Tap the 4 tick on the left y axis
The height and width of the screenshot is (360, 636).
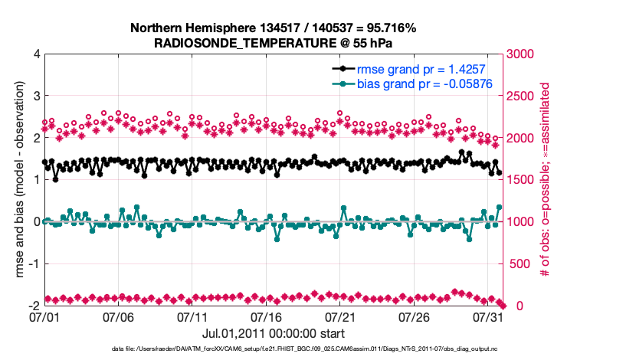pyautogui.click(x=36, y=54)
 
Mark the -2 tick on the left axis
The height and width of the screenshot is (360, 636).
pyautogui.click(x=34, y=306)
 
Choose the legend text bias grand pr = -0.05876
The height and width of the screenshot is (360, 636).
pyautogui.click(x=424, y=83)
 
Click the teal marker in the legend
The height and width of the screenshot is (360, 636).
pyautogui.click(x=343, y=83)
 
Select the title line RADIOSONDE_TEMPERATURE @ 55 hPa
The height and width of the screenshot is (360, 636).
pyautogui.click(x=274, y=43)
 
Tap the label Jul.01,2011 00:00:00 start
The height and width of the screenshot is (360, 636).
pyautogui.click(x=273, y=333)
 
